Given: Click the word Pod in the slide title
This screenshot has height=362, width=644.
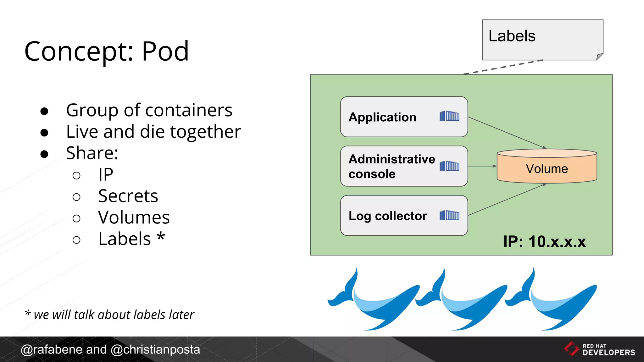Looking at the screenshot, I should pos(165,51).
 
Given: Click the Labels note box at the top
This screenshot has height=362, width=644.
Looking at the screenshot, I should pos(542,40).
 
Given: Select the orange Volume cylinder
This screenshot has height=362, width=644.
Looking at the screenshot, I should pos(547,167).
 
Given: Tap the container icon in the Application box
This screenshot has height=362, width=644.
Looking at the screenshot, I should pos(449,116).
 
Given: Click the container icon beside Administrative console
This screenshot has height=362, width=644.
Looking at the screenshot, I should pos(449,166).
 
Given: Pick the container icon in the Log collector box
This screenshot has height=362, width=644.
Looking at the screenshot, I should pos(449,216).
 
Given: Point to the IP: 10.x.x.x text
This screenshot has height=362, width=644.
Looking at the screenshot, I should pos(544,242).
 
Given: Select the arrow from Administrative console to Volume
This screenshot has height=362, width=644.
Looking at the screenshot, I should pos(482,166).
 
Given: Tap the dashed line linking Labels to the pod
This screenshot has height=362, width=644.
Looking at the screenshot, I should pos(503,67).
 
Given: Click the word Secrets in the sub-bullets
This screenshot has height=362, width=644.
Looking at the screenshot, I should pos(128,196).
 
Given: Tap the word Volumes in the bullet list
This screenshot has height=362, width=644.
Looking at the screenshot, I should pos(134,217).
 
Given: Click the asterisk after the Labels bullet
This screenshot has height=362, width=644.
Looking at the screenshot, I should pos(161,236).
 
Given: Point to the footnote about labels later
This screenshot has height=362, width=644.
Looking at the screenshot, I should pos(109,315).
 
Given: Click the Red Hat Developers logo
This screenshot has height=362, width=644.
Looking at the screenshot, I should pos(599,349).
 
